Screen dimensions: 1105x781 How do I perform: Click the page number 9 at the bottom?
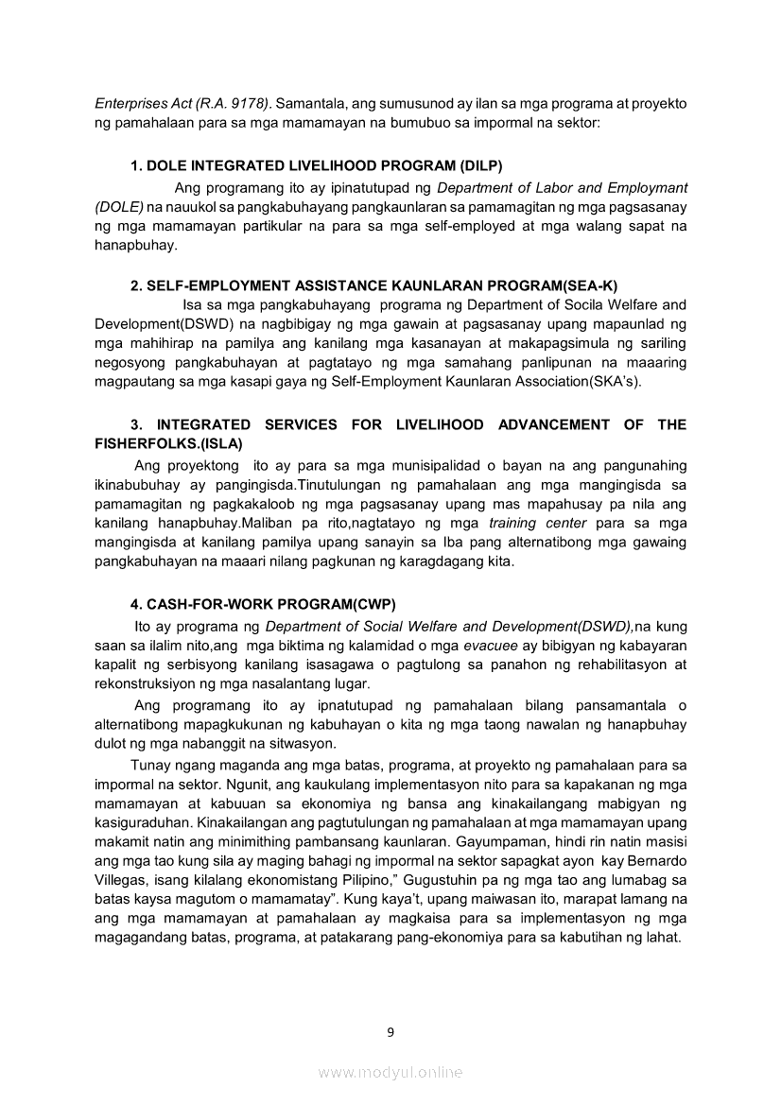pyautogui.click(x=390, y=1031)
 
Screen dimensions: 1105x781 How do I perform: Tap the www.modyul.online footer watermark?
pyautogui.click(x=390, y=1072)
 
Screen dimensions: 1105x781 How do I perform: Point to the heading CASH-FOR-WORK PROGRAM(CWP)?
pyautogui.click(x=263, y=603)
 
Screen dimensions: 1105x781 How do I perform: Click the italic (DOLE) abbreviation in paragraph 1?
pyautogui.click(x=119, y=206)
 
